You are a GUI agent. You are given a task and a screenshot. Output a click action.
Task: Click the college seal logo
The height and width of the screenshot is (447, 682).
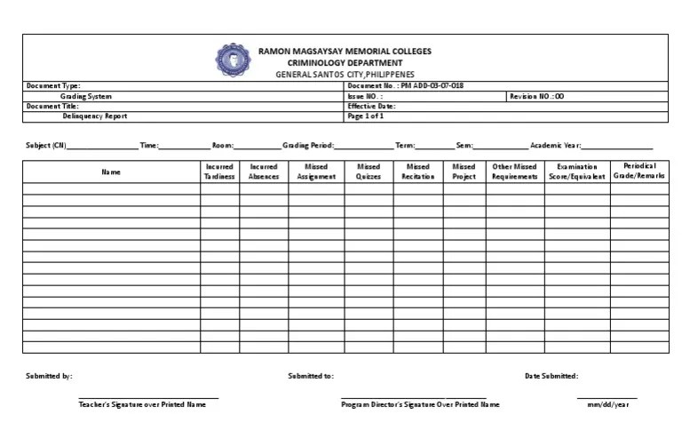(234, 59)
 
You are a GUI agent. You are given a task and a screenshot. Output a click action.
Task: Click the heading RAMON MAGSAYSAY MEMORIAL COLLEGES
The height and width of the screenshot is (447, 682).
(345, 52)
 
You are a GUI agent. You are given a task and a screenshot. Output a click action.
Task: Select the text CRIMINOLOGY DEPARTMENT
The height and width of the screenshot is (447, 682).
(345, 63)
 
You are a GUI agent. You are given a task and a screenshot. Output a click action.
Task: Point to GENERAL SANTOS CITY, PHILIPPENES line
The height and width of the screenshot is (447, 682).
(345, 75)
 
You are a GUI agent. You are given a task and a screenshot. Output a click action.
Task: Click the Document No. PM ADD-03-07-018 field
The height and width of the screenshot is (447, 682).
(405, 86)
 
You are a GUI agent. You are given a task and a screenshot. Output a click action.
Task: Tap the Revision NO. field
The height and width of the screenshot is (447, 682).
(536, 96)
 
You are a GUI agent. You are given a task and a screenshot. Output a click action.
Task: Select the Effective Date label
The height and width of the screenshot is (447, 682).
(371, 106)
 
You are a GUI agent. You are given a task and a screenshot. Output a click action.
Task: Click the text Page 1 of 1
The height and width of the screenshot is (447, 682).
(366, 116)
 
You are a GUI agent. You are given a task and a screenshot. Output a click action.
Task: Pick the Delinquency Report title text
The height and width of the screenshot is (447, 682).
(95, 116)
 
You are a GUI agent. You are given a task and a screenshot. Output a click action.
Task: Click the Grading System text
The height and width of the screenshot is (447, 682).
(86, 96)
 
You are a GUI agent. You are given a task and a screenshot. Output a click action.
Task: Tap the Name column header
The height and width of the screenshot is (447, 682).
(111, 172)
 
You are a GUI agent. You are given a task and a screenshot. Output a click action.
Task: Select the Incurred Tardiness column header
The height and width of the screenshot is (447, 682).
(219, 172)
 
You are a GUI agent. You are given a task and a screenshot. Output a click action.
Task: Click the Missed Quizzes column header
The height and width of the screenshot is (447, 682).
(369, 172)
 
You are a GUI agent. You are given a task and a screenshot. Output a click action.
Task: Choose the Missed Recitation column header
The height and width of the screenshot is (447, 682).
(418, 172)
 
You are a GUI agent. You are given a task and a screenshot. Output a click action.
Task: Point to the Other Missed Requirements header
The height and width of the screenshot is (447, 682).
(515, 172)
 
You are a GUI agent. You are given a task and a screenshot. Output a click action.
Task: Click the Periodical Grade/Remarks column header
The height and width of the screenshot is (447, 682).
(639, 172)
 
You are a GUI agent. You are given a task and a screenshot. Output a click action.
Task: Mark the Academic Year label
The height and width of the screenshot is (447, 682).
(555, 145)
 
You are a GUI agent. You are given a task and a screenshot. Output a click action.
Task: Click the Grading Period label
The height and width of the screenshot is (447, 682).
(308, 145)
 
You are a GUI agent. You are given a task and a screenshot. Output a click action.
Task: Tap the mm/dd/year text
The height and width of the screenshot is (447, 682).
(607, 404)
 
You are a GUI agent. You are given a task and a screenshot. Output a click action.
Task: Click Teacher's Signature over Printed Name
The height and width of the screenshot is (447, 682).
(142, 404)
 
